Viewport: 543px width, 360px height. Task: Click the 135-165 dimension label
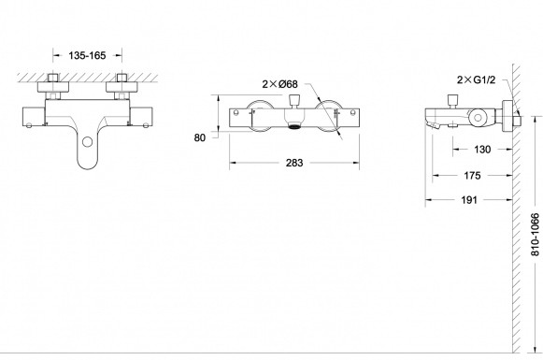click(x=87, y=55)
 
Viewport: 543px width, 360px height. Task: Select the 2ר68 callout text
click(x=279, y=84)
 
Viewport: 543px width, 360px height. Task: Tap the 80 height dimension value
click(x=199, y=137)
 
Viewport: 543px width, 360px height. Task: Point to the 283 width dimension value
click(x=294, y=163)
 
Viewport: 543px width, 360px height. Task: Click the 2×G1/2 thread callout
click(x=476, y=80)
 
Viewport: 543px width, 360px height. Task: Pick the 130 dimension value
click(x=482, y=150)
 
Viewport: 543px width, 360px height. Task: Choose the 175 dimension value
click(x=472, y=176)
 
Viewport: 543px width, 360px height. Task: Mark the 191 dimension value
click(x=469, y=200)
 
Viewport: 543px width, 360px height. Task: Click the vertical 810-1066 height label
click(x=536, y=235)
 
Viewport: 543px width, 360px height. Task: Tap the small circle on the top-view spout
click(x=88, y=142)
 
